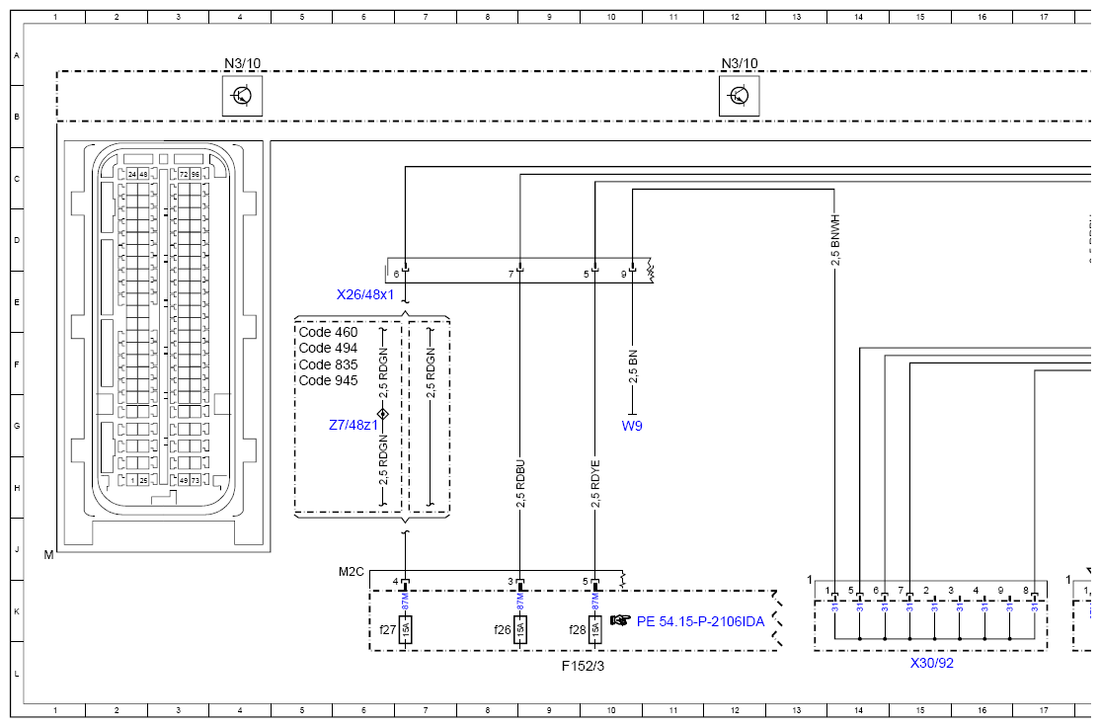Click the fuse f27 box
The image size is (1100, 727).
click(x=405, y=629)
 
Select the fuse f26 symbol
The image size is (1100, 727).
click(x=520, y=629)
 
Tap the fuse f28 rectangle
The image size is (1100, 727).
click(x=595, y=629)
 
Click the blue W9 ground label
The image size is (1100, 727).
click(x=632, y=426)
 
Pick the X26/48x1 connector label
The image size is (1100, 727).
click(x=365, y=294)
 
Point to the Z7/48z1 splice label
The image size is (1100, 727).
click(x=354, y=425)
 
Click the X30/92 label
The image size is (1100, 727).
click(x=931, y=663)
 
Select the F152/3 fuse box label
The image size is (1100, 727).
click(x=583, y=666)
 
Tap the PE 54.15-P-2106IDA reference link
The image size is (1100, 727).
click(x=701, y=621)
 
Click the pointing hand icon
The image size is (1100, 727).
click(x=620, y=620)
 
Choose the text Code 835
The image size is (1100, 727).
click(x=328, y=364)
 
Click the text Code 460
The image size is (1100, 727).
click(x=328, y=333)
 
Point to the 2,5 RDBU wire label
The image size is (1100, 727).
click(x=521, y=484)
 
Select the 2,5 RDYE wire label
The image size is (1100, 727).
click(x=595, y=484)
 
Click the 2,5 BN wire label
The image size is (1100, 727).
click(x=633, y=365)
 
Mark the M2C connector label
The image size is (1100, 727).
click(x=352, y=572)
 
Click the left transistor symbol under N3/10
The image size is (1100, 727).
click(x=242, y=96)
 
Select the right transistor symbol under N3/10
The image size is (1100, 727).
click(x=739, y=96)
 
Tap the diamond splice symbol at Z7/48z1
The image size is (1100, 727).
click(x=383, y=414)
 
